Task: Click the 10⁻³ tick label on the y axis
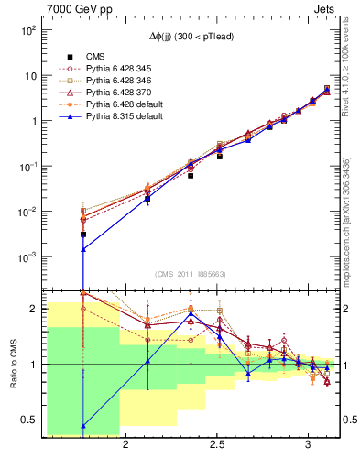[28, 256]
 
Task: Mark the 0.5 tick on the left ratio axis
[28, 420]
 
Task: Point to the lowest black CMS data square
[83, 234]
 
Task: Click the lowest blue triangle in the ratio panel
[83, 426]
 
